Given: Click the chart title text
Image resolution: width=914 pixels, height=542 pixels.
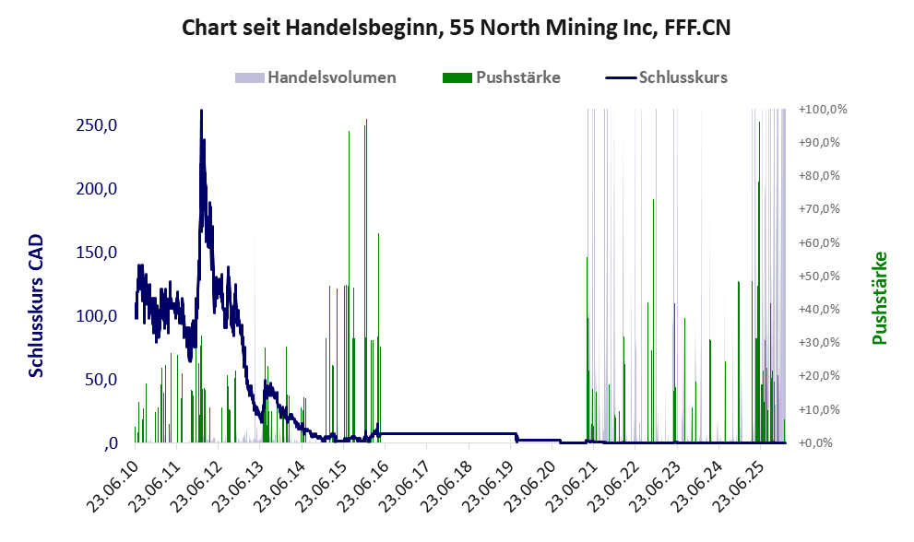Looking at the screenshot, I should pyautogui.click(x=457, y=27).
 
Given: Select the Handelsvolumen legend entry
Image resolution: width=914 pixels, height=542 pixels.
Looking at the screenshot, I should pyautogui.click(x=331, y=77).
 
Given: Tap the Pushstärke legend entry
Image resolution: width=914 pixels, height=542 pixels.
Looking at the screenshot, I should pyautogui.click(x=517, y=77).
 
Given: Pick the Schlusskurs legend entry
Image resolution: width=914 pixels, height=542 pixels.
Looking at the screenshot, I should pyautogui.click(x=683, y=77).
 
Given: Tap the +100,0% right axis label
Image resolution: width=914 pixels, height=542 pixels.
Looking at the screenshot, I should pyautogui.click(x=823, y=110).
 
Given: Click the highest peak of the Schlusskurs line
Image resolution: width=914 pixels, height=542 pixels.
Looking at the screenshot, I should pyautogui.click(x=201, y=111).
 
